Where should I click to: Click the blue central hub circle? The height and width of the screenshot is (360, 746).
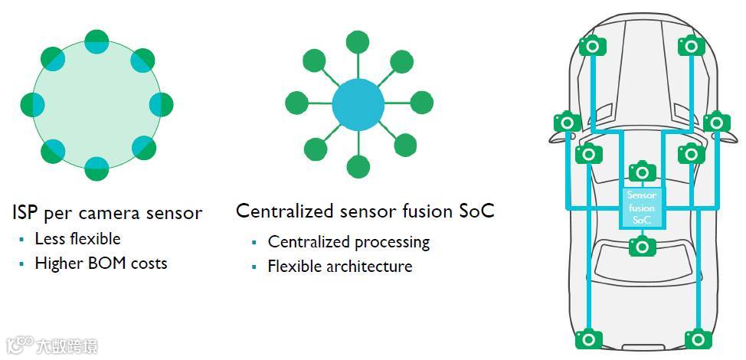(358, 103)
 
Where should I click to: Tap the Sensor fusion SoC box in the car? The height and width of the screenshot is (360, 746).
(642, 207)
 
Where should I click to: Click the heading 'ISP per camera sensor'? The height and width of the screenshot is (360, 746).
(107, 212)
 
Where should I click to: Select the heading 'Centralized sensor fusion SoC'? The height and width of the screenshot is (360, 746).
(365, 211)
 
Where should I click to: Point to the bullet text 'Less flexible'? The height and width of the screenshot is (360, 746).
(77, 238)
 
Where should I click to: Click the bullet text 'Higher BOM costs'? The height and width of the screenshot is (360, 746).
(100, 263)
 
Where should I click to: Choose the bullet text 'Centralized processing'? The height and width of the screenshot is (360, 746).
(348, 242)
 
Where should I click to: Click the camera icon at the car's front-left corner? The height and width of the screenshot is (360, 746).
(592, 46)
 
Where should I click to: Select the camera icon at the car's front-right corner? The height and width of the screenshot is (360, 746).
(691, 46)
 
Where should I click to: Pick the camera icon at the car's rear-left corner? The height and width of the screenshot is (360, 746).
(588, 338)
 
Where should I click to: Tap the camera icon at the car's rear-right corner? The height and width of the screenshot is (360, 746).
(698, 338)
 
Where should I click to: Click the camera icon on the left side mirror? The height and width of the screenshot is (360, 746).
(567, 122)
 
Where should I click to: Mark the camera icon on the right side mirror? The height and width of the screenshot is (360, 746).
(716, 122)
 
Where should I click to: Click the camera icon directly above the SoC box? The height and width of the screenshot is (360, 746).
(642, 172)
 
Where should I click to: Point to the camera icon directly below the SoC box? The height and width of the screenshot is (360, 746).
(642, 246)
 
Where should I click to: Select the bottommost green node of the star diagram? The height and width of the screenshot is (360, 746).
(358, 165)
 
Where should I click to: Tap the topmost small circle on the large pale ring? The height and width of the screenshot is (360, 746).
(97, 41)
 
